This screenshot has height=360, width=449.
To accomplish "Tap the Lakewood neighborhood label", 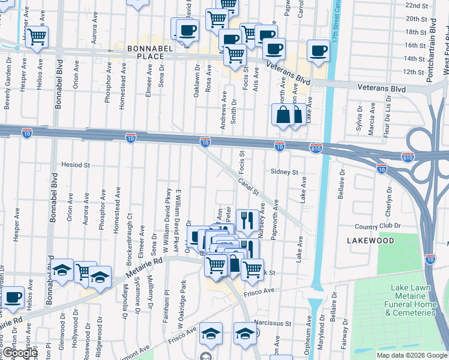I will coord(370,241).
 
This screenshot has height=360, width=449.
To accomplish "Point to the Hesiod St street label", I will coord(75,164).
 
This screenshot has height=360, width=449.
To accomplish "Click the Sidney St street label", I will coord(284,172).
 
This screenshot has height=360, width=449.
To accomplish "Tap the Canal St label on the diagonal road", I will coord(248,187).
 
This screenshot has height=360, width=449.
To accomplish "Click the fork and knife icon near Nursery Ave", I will coord(247,221).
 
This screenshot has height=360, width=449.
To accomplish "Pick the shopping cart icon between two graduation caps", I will coord(85,272).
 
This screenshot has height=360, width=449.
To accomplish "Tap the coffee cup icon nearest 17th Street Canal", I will coord(318,50).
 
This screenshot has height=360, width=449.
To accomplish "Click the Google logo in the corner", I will coord(19,353).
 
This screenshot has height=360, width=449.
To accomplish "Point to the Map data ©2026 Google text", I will coord(412,355).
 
